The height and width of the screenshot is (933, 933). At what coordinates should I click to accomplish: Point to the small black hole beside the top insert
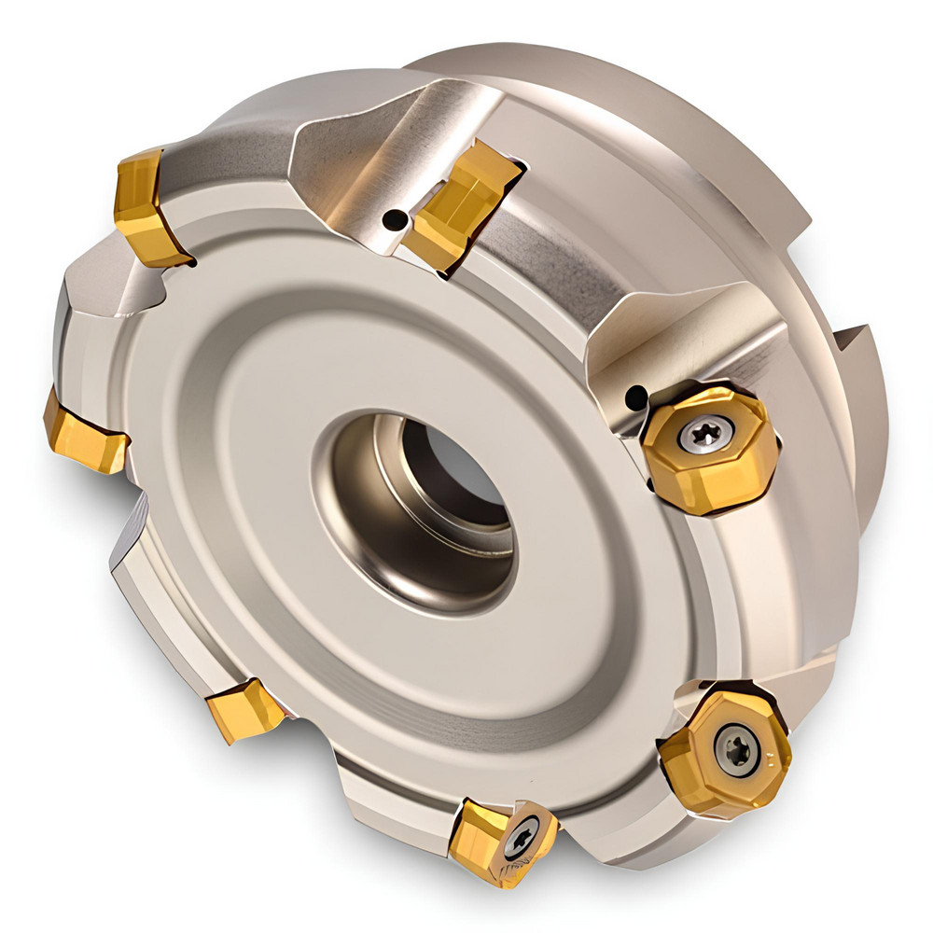tap(397, 220)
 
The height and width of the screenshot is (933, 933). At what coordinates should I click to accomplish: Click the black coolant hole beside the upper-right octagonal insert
tap(636, 397)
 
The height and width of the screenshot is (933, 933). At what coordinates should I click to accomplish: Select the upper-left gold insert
tap(147, 207)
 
